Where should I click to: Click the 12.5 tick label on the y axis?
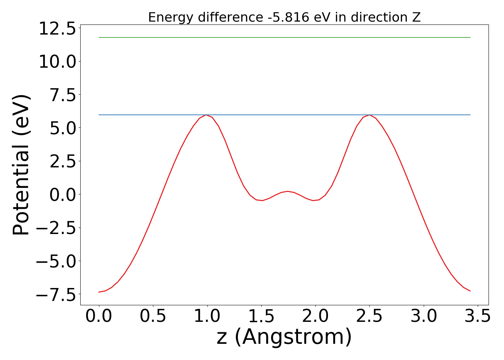tap(57, 29)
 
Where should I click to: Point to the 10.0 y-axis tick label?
tap(57, 62)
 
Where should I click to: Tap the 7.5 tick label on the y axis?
tap(63, 95)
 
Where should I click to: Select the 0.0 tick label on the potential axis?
tap(63, 195)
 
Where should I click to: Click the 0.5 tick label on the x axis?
tap(153, 316)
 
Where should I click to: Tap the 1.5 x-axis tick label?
tap(261, 316)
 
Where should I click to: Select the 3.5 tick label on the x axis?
tap(478, 316)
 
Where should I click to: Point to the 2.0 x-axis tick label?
tap(315, 316)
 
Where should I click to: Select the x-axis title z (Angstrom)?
tap(284, 337)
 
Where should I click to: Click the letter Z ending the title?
tap(417, 17)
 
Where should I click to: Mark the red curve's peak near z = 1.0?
tap(206, 115)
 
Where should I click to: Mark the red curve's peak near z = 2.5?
tap(369, 115)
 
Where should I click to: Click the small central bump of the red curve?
tap(288, 191)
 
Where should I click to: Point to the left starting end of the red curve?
tap(99, 292)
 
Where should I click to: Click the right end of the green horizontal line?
tap(470, 37)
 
